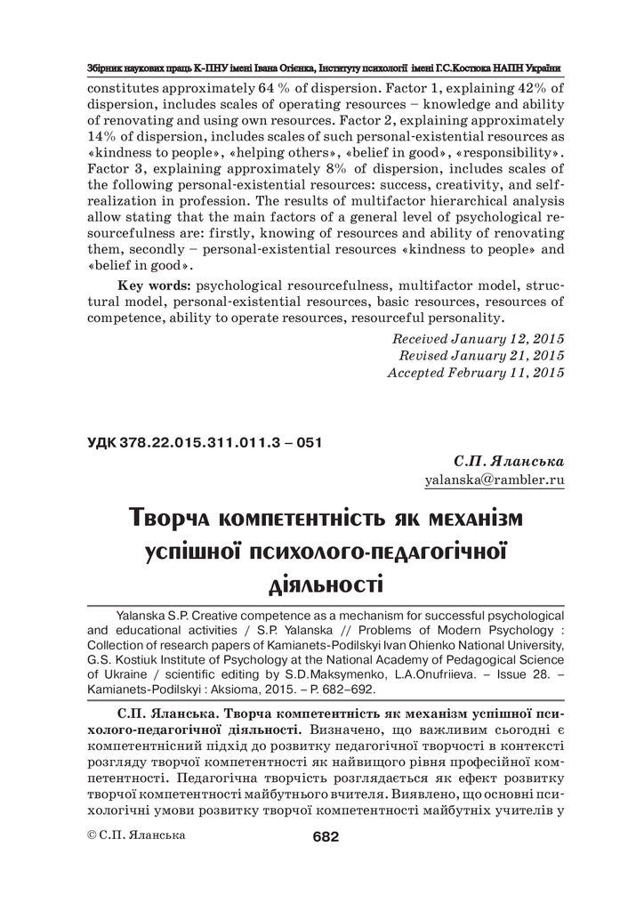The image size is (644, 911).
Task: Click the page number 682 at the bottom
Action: [x=326, y=836]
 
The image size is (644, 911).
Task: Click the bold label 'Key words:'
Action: [x=154, y=286]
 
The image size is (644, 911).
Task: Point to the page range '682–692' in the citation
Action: [x=346, y=689]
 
